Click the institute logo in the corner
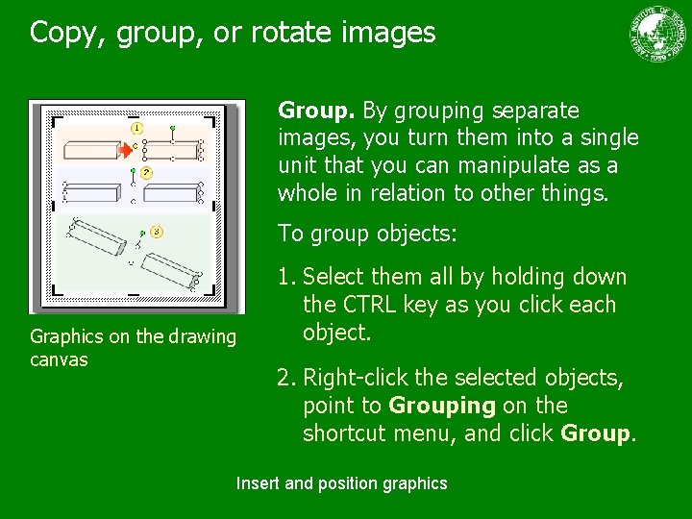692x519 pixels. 659,36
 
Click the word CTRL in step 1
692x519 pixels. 365,305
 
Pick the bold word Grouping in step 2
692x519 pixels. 441,406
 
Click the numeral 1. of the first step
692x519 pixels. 286,277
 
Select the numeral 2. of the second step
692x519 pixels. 286,378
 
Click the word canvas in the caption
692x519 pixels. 59,359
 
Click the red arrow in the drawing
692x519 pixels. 125,149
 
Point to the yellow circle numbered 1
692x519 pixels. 136,127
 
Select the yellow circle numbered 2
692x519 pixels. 146,173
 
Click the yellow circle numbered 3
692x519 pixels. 157,232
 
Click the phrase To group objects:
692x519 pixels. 368,234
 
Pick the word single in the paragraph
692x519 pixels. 605,137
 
